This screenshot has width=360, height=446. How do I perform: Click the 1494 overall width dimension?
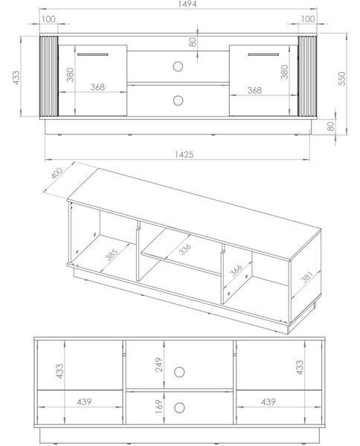187,4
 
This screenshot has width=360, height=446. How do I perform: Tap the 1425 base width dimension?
184,155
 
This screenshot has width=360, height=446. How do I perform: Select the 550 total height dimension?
342,79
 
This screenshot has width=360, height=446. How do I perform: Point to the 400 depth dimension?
57,173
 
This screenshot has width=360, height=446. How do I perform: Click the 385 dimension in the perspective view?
112,255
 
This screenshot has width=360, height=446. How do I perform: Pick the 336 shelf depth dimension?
185,250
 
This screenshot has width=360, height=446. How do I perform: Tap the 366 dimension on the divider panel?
236,271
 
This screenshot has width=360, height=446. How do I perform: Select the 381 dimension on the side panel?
307,277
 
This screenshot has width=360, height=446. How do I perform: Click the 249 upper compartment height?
158,365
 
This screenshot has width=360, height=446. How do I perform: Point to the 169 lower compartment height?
158,407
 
